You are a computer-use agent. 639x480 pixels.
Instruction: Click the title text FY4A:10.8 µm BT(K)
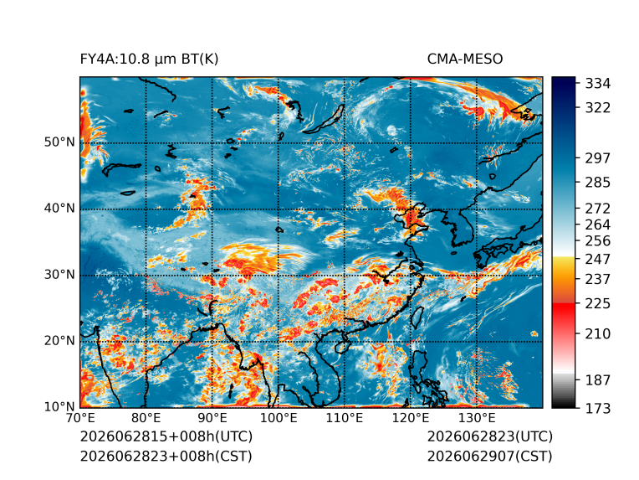149,59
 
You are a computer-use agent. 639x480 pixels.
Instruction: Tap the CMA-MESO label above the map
465,59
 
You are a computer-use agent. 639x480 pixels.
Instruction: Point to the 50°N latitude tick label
59,142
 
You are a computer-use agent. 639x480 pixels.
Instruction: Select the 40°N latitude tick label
59,208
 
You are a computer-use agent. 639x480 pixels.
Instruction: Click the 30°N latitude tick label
59,274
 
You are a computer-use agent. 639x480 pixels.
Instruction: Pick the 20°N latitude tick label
59,340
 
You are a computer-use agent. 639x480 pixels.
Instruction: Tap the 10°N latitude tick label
59,406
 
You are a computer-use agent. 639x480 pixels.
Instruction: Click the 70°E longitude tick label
80,418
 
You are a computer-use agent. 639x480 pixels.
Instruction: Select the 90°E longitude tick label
212,418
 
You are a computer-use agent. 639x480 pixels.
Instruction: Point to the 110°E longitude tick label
345,418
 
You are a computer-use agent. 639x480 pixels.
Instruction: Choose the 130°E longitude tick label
477,418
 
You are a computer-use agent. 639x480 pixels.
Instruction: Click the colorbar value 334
598,84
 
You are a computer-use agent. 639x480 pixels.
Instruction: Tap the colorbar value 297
598,158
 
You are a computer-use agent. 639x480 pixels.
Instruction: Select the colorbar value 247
598,259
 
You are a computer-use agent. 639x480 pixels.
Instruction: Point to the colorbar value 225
598,304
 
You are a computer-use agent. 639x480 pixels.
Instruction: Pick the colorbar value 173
598,408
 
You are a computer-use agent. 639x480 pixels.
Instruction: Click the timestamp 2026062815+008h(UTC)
166,436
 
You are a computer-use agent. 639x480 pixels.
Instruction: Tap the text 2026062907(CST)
490,457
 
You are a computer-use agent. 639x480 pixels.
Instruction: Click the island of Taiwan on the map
417,317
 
